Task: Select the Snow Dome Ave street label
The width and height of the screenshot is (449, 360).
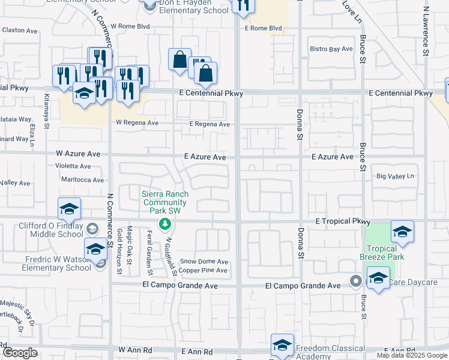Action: [205, 262]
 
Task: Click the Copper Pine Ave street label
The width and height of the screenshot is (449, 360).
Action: [204, 271]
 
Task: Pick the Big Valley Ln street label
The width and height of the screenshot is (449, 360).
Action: [396, 176]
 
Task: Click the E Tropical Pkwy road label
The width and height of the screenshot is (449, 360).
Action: [337, 221]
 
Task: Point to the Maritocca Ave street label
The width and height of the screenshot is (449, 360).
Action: [82, 179]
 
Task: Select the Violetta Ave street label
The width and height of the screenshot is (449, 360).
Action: [73, 166]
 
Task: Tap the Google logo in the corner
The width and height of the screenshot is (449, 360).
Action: [20, 353]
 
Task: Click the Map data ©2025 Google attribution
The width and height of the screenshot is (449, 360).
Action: [412, 355]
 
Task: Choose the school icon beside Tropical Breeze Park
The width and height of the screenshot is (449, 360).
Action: [402, 232]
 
